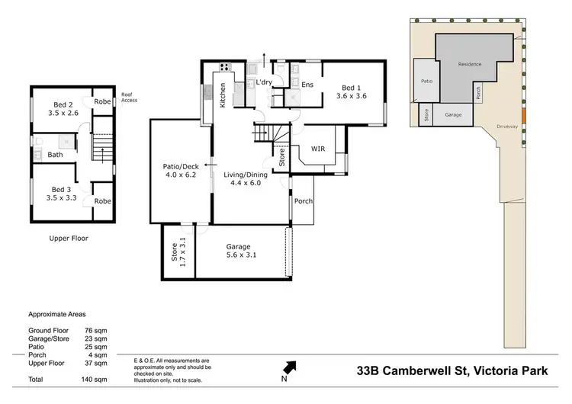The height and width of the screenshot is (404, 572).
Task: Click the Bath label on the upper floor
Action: [x=55, y=155]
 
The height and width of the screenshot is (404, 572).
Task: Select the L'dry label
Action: [x=264, y=82]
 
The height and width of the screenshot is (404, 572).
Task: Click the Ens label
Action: [x=308, y=85]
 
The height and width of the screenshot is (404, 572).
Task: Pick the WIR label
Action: [x=318, y=149]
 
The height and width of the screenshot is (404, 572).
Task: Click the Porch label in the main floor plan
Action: [x=303, y=201]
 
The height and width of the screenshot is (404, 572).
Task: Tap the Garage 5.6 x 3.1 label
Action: [x=239, y=252]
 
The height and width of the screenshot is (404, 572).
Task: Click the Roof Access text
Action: [x=128, y=97]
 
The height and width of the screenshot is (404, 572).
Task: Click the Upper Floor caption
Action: [x=69, y=238]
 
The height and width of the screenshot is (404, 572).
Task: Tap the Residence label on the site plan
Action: [x=470, y=64]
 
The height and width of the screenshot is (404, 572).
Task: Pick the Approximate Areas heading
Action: [x=57, y=313]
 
